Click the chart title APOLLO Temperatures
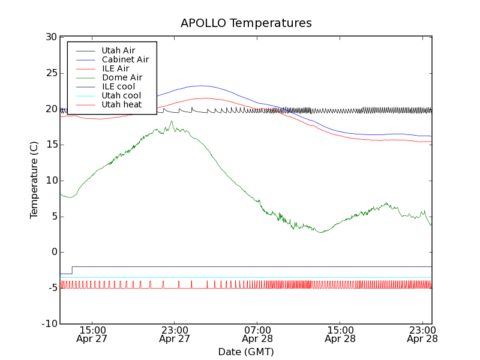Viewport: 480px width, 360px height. click(x=246, y=23)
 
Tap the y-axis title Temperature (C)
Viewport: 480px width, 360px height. click(x=34, y=181)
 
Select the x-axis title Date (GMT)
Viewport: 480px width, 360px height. click(x=246, y=352)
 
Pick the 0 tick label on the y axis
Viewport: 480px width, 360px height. click(x=53, y=252)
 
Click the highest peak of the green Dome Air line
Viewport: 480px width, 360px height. click(x=172, y=121)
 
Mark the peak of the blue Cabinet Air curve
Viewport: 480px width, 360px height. click(x=201, y=86)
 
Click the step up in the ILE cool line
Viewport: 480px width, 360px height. click(x=72, y=270)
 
